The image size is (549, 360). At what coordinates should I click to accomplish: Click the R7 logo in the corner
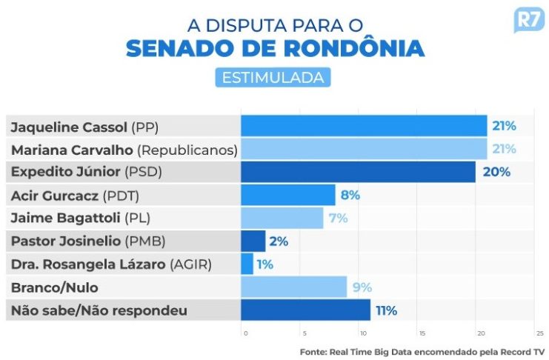pyautogui.click(x=528, y=20)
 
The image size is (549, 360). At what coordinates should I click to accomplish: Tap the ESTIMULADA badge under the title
pyautogui.click(x=273, y=77)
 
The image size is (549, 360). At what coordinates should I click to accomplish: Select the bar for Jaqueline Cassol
pyautogui.click(x=364, y=126)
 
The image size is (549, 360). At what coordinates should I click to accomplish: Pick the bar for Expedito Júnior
pyautogui.click(x=358, y=172)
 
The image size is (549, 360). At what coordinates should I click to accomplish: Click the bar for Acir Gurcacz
pyautogui.click(x=288, y=196)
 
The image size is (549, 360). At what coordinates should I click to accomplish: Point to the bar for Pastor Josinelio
pyautogui.click(x=253, y=241)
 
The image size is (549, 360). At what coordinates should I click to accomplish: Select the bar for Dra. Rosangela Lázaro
pyautogui.click(x=247, y=264)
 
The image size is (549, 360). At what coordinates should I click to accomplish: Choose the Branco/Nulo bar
pyautogui.click(x=293, y=287)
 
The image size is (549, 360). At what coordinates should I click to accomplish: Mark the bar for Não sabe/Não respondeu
pyautogui.click(x=305, y=310)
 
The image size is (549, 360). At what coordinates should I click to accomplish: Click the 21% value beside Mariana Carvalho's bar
pyautogui.click(x=504, y=149)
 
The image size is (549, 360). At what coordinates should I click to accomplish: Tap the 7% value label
pyautogui.click(x=337, y=218)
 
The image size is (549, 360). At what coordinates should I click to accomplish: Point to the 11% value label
pyautogui.click(x=386, y=310)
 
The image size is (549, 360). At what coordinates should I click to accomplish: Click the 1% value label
pyautogui.click(x=265, y=264)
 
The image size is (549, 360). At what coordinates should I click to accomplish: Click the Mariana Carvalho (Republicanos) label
pyautogui.click(x=124, y=150)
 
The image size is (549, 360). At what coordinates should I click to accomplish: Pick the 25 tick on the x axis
pyautogui.click(x=539, y=333)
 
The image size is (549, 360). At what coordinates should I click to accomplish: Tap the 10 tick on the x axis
pyautogui.click(x=363, y=333)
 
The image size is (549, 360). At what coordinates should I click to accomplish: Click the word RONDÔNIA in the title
pyautogui.click(x=351, y=48)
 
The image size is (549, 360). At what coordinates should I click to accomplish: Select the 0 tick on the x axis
pyautogui.click(x=245, y=333)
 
